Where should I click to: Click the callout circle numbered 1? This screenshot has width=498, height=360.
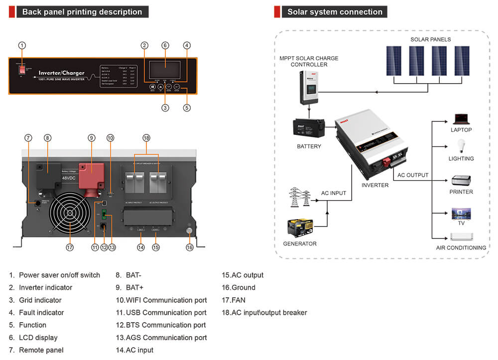coord(22,45)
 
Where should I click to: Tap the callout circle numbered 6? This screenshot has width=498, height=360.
coord(165,45)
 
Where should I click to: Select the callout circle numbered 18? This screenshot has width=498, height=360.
coord(146,137)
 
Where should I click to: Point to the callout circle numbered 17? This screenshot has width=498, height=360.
coord(70,247)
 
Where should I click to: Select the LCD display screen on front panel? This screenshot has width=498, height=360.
coord(165,70)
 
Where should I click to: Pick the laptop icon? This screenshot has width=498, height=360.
coord(461,119)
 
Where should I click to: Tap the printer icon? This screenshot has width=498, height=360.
coord(461,180)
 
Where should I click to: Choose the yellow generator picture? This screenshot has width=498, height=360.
coord(300,228)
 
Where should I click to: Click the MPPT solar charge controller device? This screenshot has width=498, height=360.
coord(309,87)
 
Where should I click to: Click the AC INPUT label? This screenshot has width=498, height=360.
coord(334,193)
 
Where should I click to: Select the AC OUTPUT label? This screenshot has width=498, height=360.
coord(413,175)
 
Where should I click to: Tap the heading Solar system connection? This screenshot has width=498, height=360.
coord(335,12)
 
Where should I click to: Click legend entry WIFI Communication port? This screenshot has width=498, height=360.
coord(161,300)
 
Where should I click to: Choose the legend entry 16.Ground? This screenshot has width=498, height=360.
coord(239,288)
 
